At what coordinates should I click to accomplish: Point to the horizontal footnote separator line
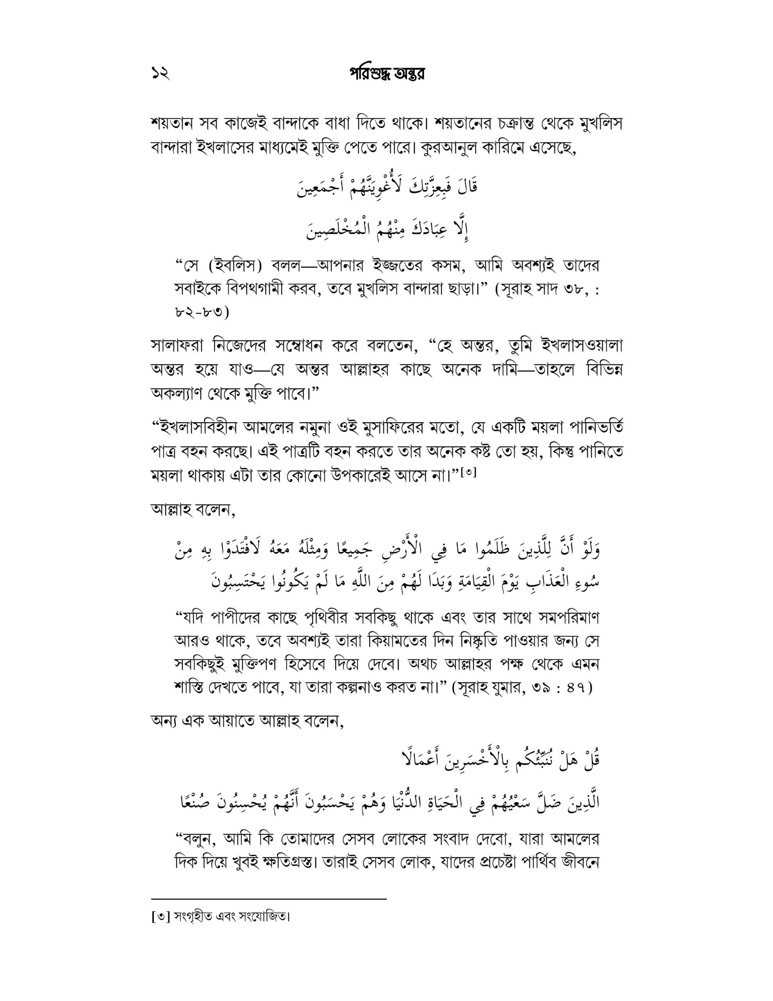click(268, 899)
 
